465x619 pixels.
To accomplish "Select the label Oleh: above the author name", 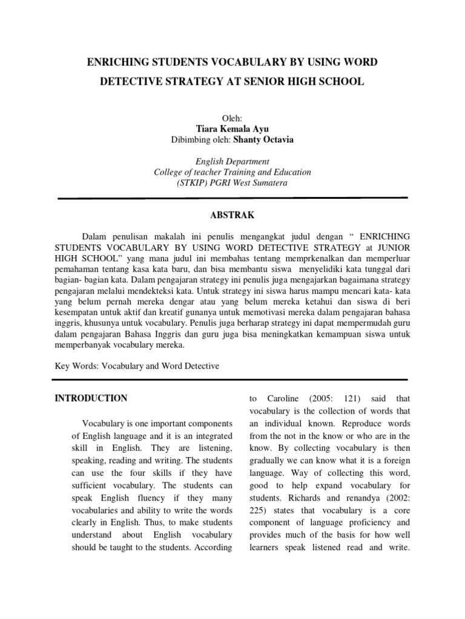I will [232, 117].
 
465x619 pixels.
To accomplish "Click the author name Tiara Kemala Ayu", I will [232, 128].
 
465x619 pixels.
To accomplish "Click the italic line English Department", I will [232, 161].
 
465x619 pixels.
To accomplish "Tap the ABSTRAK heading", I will [232, 215].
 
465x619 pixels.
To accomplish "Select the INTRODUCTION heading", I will [91, 398].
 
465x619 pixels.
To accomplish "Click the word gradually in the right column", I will [269, 461].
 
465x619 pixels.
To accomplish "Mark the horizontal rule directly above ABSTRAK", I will [232, 198].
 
